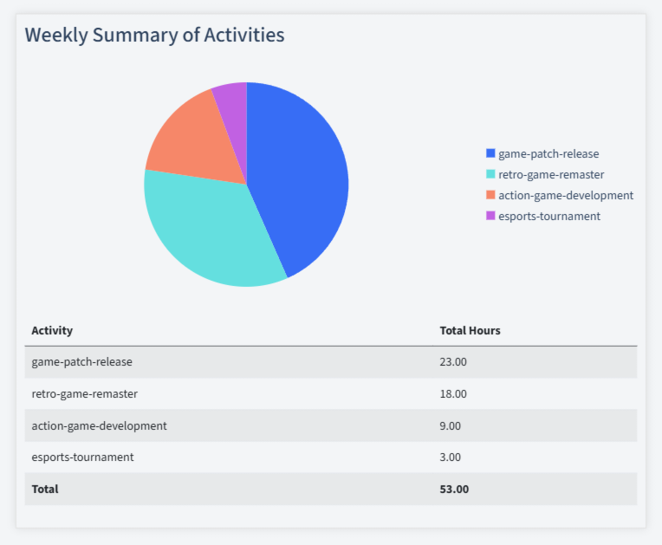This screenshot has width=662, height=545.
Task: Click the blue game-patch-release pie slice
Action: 299,173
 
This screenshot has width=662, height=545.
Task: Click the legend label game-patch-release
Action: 548,153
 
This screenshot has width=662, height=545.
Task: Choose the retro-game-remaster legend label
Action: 551,174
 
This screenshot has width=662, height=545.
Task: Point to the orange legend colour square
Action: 490,195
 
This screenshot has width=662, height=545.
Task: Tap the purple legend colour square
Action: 490,216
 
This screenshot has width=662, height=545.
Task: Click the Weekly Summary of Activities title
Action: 154,35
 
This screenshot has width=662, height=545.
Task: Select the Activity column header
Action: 52,330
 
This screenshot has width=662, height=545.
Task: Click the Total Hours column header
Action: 470,330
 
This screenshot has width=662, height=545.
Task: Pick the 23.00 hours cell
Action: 453,361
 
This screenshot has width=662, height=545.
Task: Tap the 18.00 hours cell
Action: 453,393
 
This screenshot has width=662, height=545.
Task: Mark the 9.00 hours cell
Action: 451,425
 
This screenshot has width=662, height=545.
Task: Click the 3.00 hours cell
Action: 451,457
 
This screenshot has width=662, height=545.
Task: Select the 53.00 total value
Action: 454,489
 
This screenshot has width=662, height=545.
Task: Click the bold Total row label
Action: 45,489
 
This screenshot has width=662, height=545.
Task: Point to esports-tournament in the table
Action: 82,457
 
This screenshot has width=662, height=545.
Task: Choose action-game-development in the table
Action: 99,425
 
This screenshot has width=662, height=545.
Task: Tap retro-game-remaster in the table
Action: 84,393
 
